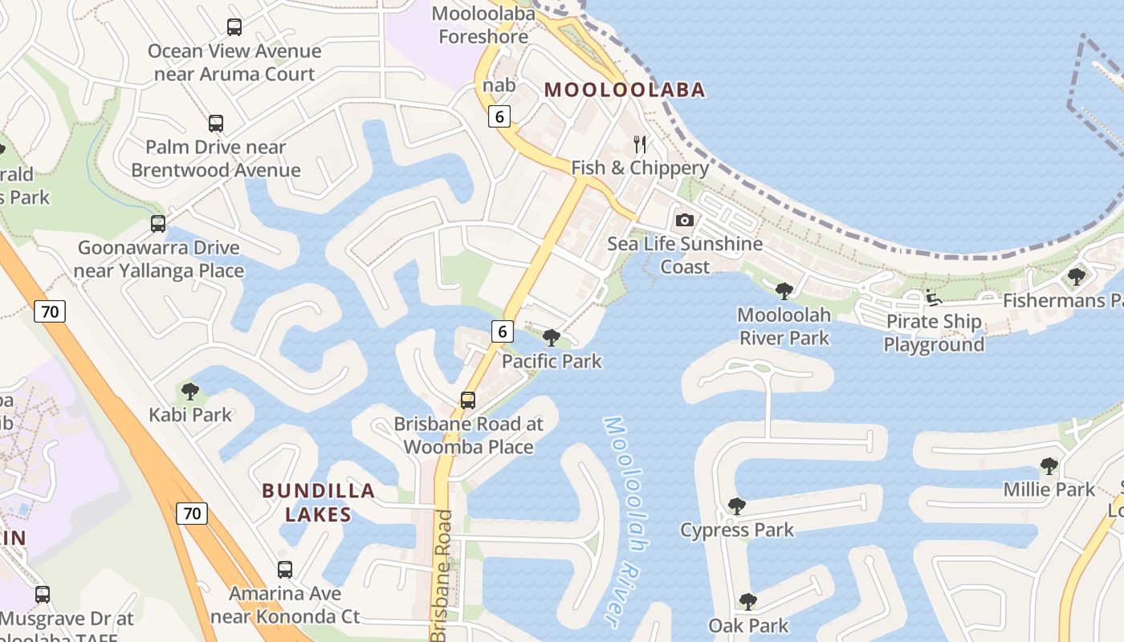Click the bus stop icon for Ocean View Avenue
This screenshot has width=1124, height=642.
pos(234,27)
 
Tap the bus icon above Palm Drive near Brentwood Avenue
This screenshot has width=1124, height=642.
pos(215,124)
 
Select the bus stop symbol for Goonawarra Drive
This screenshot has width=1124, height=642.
pos(158,224)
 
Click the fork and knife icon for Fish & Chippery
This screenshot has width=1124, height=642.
pos(640,144)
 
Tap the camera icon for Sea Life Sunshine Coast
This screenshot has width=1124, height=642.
pos(684,220)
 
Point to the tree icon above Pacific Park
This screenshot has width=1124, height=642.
pos(551,338)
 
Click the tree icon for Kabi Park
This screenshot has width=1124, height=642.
pos(190,392)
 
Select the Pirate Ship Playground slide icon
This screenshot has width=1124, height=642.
pos(933,298)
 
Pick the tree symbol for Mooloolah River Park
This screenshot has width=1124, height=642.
pos(784,291)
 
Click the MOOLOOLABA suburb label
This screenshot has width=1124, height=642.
pos(625,90)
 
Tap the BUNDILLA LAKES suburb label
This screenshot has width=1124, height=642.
pos(318,502)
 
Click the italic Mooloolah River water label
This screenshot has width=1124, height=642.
pos(625,522)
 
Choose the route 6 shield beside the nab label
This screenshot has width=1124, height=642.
pos(499,117)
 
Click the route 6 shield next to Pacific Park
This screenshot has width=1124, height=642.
pos(503,331)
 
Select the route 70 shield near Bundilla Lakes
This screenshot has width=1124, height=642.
pos(192,514)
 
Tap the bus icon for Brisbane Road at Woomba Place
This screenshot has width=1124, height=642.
pos(468,400)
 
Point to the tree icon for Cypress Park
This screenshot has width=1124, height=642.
pos(736,506)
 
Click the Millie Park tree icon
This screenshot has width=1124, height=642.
pos(1049,465)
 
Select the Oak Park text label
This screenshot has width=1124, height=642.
pos(748,625)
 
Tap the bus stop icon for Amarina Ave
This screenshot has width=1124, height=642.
pos(285,570)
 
